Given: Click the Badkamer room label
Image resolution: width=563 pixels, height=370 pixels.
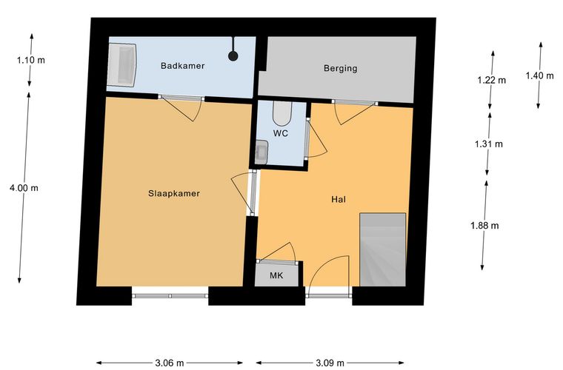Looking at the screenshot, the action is coord(182,66).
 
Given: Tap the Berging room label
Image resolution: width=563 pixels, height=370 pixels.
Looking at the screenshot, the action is coord(340,68).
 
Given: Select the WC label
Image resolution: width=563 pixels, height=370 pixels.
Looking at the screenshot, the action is coord(281,133).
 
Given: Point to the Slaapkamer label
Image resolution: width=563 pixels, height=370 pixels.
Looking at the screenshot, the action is coord(174,194).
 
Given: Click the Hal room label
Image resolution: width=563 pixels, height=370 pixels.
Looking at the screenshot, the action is coord(339,199).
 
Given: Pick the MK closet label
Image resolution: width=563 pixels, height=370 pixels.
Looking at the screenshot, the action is coord(276,275).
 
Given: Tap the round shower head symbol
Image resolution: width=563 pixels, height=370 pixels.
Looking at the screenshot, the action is coord(233,56).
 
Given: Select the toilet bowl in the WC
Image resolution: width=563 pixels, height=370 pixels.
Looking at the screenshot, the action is coord(282,112).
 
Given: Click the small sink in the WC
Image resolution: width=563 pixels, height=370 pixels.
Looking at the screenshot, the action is coord(261,152).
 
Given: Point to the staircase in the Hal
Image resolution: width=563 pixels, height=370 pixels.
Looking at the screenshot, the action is coord(383,249).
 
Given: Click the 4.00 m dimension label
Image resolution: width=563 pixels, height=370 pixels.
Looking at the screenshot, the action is coord(24,188).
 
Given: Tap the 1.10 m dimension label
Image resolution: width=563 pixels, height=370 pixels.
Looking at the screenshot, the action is coord(31,60).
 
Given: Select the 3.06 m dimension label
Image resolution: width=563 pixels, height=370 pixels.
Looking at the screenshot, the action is coord(170,363).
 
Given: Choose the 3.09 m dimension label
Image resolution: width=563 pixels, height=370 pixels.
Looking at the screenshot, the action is coord(330,363).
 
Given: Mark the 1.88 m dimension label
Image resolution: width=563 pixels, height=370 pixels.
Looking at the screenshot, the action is coord(484,226).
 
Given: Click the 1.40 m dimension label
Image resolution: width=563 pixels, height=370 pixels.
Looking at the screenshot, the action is coord(539,75).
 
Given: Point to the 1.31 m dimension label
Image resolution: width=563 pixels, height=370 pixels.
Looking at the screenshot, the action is coord(489,144).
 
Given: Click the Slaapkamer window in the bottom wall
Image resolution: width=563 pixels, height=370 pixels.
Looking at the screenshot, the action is coord(170,296).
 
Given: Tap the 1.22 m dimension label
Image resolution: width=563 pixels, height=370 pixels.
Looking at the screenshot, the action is coord(492,80).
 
